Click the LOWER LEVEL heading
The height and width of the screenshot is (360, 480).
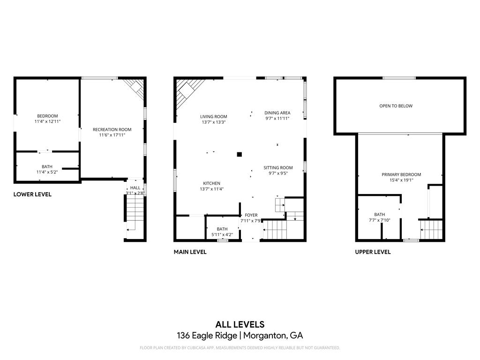coord(32,194)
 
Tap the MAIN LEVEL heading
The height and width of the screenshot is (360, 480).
coord(190,252)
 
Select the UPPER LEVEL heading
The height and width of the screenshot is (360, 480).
coord(373,252)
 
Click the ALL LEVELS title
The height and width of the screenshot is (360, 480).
coord(240,324)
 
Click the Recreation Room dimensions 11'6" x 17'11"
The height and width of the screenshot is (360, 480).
coord(112,135)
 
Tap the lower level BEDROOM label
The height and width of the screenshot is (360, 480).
coord(47,116)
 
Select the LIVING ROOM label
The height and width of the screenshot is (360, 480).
coord(213,117)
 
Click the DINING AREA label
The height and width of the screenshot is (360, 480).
coord(277,112)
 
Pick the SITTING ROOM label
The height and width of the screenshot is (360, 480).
coord(278,167)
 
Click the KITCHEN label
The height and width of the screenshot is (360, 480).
coord(211,183)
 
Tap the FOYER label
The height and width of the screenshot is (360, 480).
coord(251,215)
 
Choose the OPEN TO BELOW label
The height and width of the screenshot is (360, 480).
coord(396,106)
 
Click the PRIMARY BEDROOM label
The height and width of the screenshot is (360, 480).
coord(401,174)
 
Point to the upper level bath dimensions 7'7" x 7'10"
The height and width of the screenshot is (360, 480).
coord(379,220)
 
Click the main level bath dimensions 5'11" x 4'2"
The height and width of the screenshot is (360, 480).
coord(222,234)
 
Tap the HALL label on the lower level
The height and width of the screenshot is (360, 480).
coord(135,187)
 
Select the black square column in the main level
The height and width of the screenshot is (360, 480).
coord(239,154)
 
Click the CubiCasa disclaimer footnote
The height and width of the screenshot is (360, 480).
coord(240,348)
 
